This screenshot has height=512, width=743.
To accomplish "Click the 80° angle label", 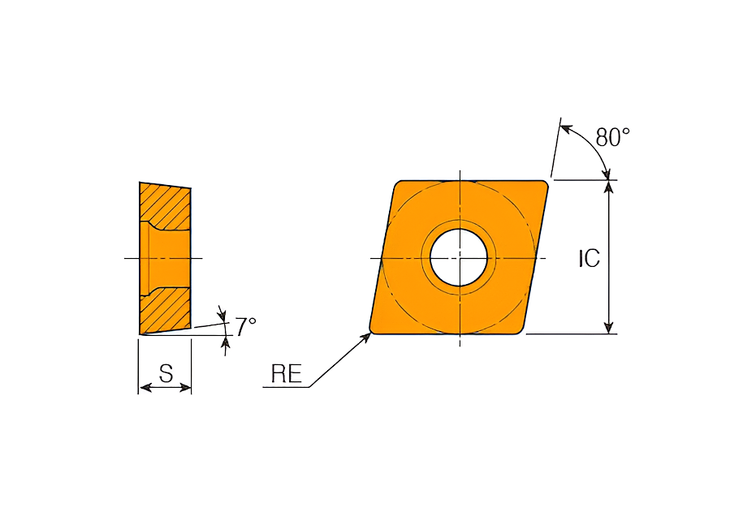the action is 613,137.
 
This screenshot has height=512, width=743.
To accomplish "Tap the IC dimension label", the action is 589,259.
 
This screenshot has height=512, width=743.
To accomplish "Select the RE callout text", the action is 286,374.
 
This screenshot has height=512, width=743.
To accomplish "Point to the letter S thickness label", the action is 166,373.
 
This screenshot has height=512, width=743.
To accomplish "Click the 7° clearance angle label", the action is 246,326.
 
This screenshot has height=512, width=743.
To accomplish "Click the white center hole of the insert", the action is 459,258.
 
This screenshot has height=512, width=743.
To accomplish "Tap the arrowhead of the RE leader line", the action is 365,338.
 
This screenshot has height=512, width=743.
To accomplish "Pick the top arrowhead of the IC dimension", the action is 609,187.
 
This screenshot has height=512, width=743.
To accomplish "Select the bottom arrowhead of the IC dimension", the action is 609,327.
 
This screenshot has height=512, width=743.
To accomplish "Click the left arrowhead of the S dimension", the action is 145,388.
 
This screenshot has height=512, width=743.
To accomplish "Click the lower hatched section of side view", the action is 166,310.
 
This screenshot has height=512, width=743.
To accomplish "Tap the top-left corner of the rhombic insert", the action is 397,183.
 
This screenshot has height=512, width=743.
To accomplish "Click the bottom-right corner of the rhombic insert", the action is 521,332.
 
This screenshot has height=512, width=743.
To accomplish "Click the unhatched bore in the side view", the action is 169,259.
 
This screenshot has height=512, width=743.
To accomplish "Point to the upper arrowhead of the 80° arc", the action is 566,129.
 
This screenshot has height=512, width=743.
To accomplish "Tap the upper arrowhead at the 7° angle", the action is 222,313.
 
